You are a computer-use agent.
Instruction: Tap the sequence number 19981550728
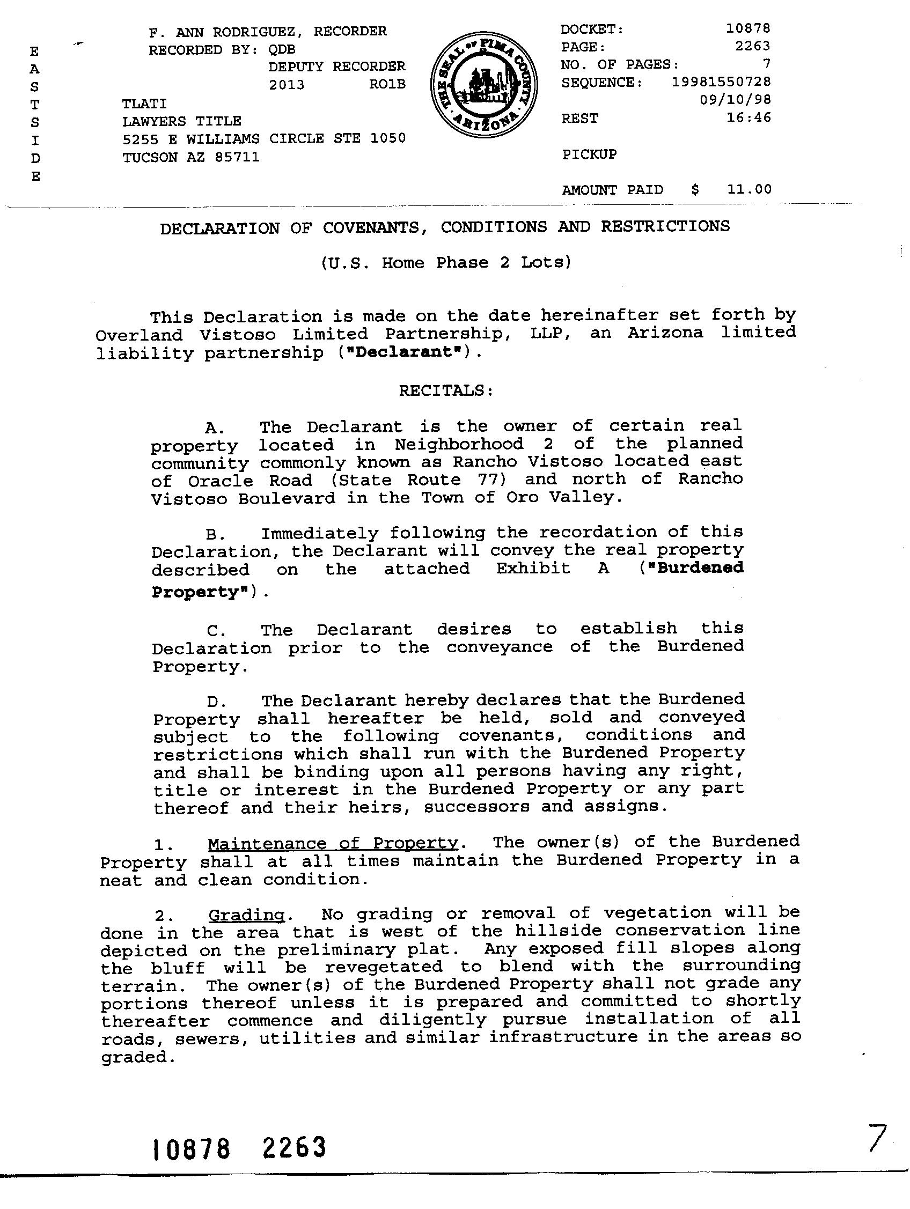pos(721,82)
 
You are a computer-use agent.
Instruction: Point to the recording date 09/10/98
pos(735,100)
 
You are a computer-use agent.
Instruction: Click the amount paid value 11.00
pos(749,189)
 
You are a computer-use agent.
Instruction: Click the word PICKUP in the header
pos(589,154)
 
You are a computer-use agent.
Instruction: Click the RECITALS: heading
pos(446,390)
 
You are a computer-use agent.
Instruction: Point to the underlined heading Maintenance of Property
pos(333,843)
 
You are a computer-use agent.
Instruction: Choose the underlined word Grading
pos(247,915)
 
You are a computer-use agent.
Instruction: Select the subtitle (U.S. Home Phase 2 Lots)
pos(446,263)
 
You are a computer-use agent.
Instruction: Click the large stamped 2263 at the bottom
pos(294,1148)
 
